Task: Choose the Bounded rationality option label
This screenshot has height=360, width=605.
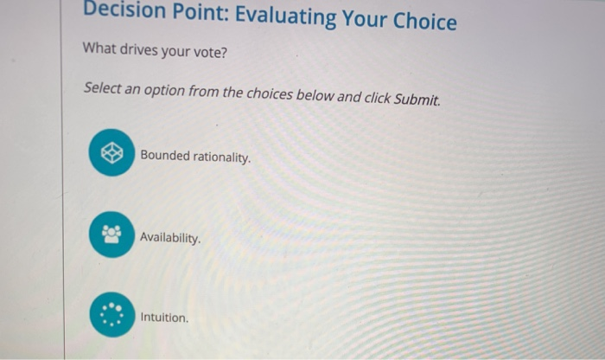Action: click(195, 157)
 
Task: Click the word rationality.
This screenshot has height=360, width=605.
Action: click(222, 158)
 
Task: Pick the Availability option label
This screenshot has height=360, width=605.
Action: click(170, 236)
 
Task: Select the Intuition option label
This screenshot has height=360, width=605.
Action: click(164, 318)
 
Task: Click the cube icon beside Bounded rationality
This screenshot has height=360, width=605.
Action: click(111, 152)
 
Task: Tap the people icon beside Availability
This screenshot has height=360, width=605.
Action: click(111, 235)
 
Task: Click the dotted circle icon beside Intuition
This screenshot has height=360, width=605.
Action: click(111, 315)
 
